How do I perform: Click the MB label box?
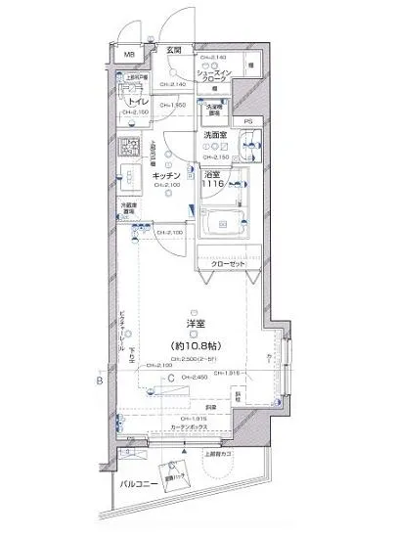(127, 55)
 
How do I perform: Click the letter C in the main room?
(170, 379)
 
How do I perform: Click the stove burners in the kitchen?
(128, 150)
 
